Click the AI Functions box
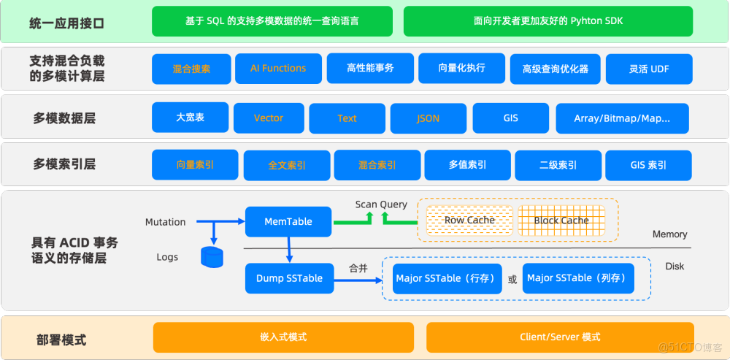(278, 69)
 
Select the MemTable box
(288, 221)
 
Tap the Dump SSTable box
(289, 278)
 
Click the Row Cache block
(469, 220)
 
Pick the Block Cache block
(561, 220)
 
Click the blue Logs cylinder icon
(212, 257)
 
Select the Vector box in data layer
(269, 118)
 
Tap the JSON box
(428, 118)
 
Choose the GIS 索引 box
(648, 165)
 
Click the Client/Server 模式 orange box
(560, 337)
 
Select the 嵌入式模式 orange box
(283, 337)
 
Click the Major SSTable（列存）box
(578, 278)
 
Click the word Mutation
(165, 222)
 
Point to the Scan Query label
(381, 204)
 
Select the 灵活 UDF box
(649, 69)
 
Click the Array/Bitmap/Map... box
(622, 118)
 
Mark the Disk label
(675, 267)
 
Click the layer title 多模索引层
(64, 165)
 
